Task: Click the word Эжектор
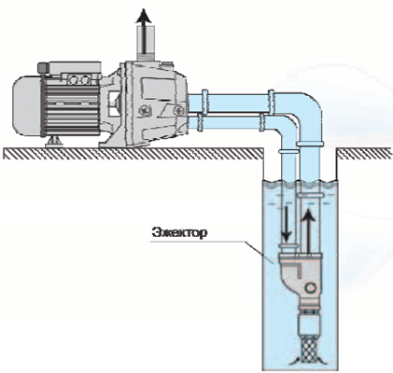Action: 179,233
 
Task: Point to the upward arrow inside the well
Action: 308,231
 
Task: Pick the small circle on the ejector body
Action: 310,287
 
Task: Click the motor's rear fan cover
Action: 27,105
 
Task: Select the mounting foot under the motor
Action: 54,142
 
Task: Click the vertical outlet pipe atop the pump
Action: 146,42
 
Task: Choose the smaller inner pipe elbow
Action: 285,130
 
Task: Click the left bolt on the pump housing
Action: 145,110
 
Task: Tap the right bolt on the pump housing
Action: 178,110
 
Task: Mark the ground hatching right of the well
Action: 365,153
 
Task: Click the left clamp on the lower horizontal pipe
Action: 200,122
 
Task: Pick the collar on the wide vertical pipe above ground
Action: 310,144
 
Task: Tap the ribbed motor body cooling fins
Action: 72,107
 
